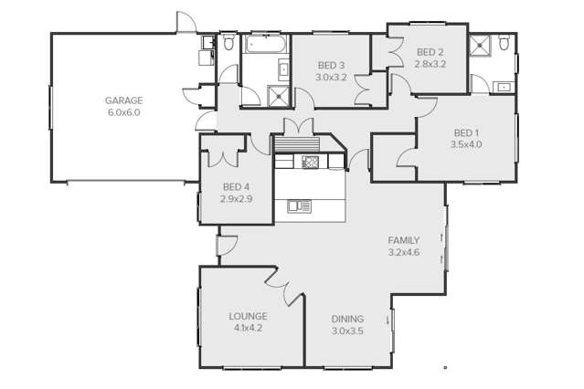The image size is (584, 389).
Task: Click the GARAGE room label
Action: [123, 100]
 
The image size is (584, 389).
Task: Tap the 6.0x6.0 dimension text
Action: [124, 112]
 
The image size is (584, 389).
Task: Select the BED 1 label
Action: [466, 133]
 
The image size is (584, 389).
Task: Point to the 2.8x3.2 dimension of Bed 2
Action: [430, 64]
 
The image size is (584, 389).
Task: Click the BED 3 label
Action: [331, 66]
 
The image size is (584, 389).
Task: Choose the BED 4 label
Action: [236, 187]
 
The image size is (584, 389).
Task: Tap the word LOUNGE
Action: [248, 317]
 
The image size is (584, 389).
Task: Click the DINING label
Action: [347, 319]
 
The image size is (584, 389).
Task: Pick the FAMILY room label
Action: [404, 240]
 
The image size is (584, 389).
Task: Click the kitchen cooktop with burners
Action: [310, 162]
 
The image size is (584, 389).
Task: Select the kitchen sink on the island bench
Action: [299, 206]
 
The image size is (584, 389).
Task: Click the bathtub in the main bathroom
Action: [266, 44]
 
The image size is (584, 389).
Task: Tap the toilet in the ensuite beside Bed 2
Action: [504, 42]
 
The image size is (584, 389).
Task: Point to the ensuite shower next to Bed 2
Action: [480, 46]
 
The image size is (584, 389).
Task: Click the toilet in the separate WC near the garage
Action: [228, 42]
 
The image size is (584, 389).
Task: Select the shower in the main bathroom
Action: [278, 97]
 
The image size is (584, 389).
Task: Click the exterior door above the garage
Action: [186, 22]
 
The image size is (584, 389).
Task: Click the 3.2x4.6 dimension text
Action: [404, 252]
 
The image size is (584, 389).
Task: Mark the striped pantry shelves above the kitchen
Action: [297, 144]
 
